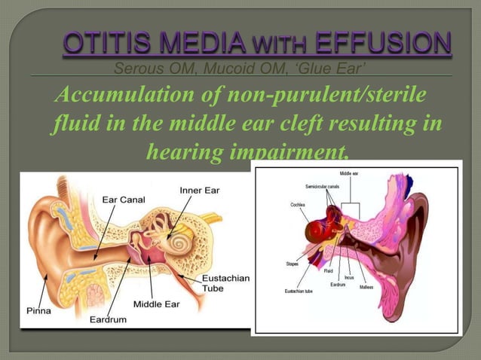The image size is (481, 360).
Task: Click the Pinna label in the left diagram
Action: point(38,310)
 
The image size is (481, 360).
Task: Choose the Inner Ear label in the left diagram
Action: point(199,190)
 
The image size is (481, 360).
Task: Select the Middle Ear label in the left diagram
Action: point(157,304)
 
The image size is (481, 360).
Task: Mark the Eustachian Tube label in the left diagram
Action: point(225,285)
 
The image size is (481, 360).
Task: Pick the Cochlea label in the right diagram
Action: point(298,204)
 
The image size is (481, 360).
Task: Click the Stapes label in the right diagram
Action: point(293,264)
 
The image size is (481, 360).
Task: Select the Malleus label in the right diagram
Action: point(366,287)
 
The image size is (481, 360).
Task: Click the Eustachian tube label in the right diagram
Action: point(300,291)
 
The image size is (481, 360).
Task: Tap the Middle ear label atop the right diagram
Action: point(349,174)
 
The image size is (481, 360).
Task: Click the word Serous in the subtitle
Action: point(135,70)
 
